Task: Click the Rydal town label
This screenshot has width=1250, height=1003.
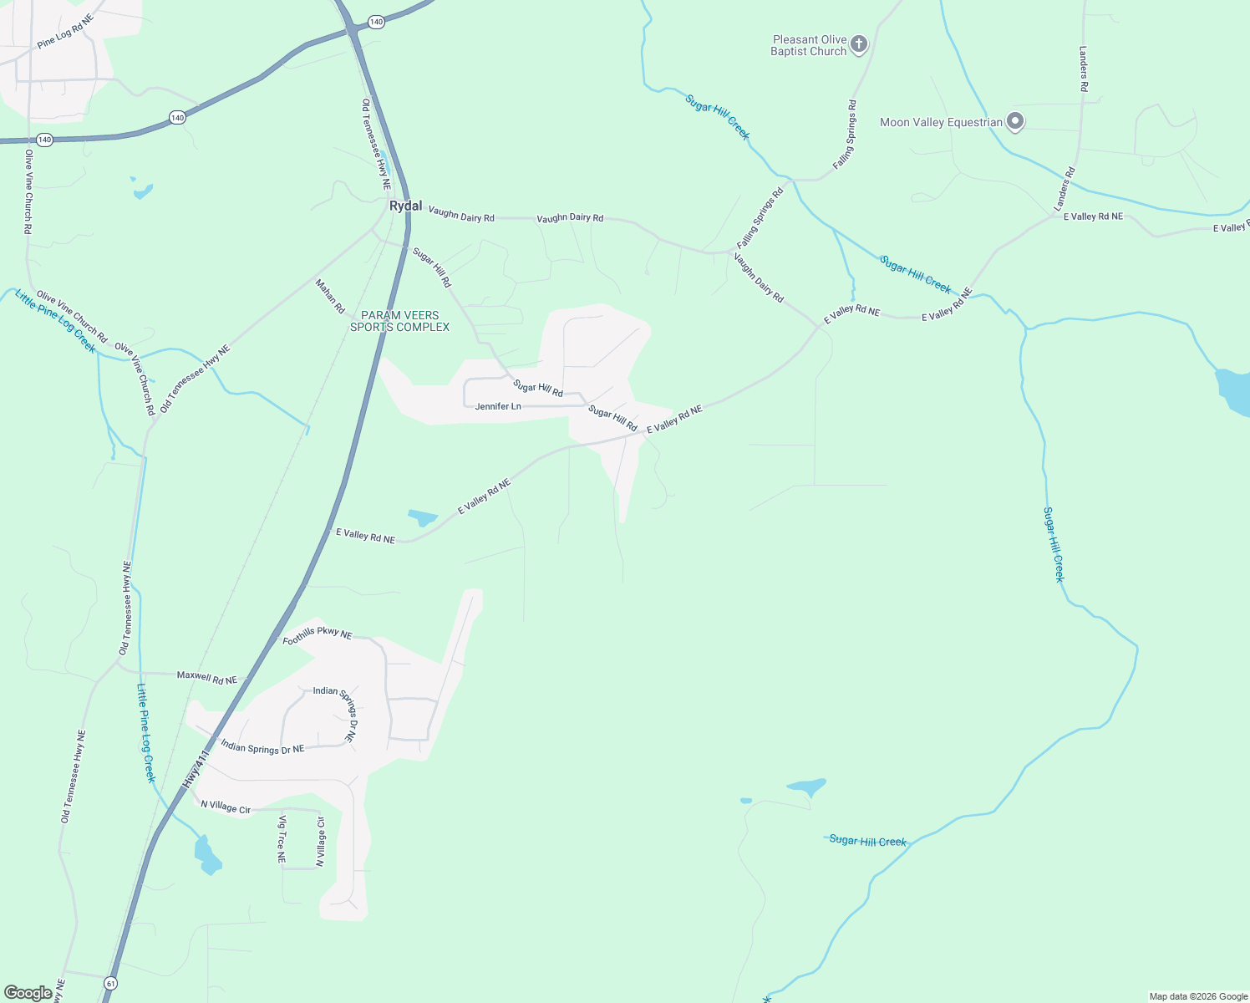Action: click(406, 206)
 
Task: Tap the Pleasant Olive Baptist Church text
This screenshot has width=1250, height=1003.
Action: click(809, 45)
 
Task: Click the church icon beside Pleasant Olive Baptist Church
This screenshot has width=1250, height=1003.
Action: click(859, 45)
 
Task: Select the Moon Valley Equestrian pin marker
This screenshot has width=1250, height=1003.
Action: click(1015, 122)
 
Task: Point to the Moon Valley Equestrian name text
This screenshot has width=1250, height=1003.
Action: click(941, 123)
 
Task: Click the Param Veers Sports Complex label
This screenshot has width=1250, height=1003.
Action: click(399, 321)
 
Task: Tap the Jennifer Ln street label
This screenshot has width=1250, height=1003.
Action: click(498, 406)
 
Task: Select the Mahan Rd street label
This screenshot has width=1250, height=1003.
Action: click(330, 296)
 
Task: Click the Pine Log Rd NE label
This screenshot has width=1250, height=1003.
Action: click(65, 31)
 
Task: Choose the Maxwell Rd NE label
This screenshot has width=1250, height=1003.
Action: click(207, 678)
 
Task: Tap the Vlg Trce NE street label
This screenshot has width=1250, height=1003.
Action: click(282, 839)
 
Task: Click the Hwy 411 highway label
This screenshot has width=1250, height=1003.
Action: click(195, 769)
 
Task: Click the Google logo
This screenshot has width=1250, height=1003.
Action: click(28, 993)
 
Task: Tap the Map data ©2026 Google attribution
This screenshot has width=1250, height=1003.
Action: click(1198, 996)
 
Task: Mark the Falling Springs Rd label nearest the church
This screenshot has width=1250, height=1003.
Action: click(845, 134)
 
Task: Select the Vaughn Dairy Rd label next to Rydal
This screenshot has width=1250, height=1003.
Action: click(461, 215)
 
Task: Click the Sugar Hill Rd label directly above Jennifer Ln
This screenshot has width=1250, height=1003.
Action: click(538, 388)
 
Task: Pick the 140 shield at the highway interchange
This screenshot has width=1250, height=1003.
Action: click(376, 22)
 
